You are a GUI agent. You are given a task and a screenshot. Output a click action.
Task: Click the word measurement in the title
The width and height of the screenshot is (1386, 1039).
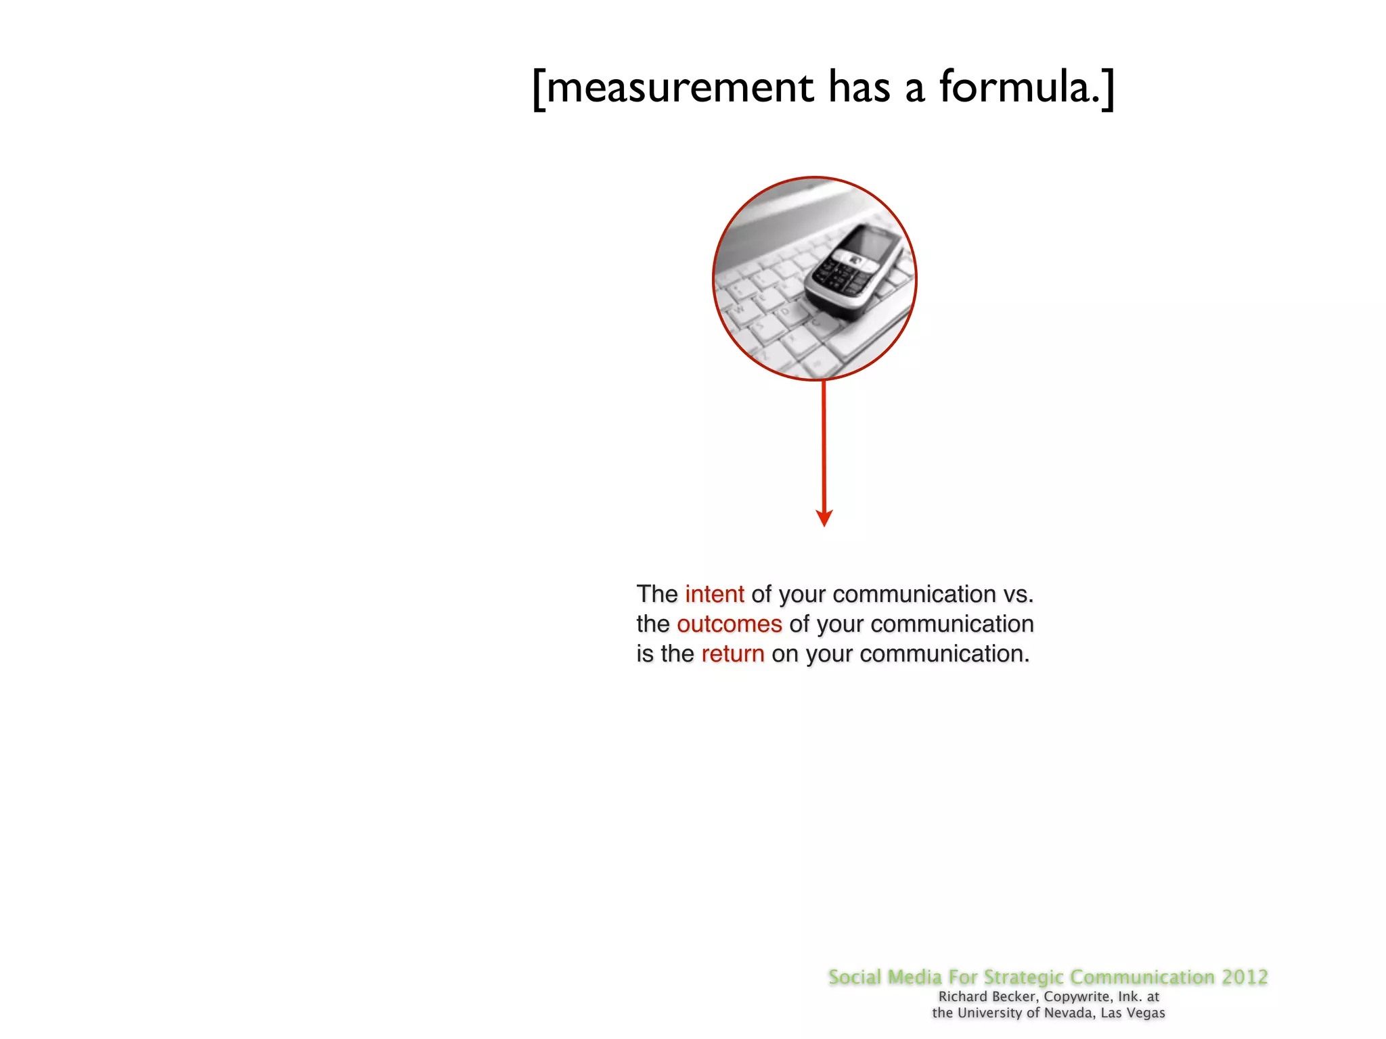click(x=679, y=88)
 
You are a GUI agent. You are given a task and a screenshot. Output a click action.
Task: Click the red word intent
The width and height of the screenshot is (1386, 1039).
click(x=714, y=594)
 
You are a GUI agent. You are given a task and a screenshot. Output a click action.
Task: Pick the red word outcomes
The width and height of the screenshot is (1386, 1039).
click(x=729, y=624)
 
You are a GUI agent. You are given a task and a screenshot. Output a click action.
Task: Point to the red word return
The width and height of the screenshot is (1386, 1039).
click(x=732, y=653)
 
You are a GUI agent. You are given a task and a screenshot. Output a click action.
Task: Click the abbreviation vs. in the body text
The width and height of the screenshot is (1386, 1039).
click(x=1018, y=594)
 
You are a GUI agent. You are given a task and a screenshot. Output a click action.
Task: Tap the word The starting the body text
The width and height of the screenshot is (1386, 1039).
click(x=656, y=594)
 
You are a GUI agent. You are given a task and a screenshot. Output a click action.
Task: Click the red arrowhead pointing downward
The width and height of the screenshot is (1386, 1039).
click(x=824, y=517)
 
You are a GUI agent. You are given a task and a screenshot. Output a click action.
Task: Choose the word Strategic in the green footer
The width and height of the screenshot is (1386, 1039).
click(x=1023, y=977)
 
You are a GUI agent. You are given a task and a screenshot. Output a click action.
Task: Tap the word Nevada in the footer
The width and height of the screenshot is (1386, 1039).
click(x=1069, y=1013)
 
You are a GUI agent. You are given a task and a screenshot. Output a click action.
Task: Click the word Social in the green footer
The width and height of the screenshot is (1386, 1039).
click(x=855, y=977)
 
